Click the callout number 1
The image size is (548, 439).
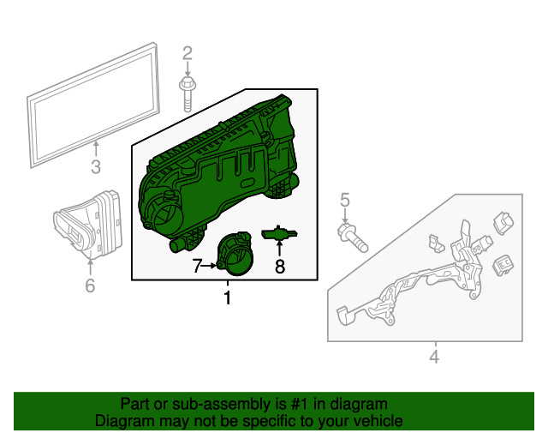click(x=227, y=298)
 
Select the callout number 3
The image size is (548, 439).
click(x=96, y=167)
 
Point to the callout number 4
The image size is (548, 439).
click(x=433, y=356)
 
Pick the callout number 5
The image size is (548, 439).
click(x=345, y=201)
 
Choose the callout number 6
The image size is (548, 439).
click(x=90, y=286)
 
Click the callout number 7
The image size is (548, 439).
click(x=197, y=267)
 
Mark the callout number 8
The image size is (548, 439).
click(x=279, y=267)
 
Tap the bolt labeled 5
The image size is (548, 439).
click(x=352, y=238)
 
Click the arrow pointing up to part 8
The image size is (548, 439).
click(x=279, y=249)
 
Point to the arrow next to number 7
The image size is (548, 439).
click(x=211, y=267)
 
